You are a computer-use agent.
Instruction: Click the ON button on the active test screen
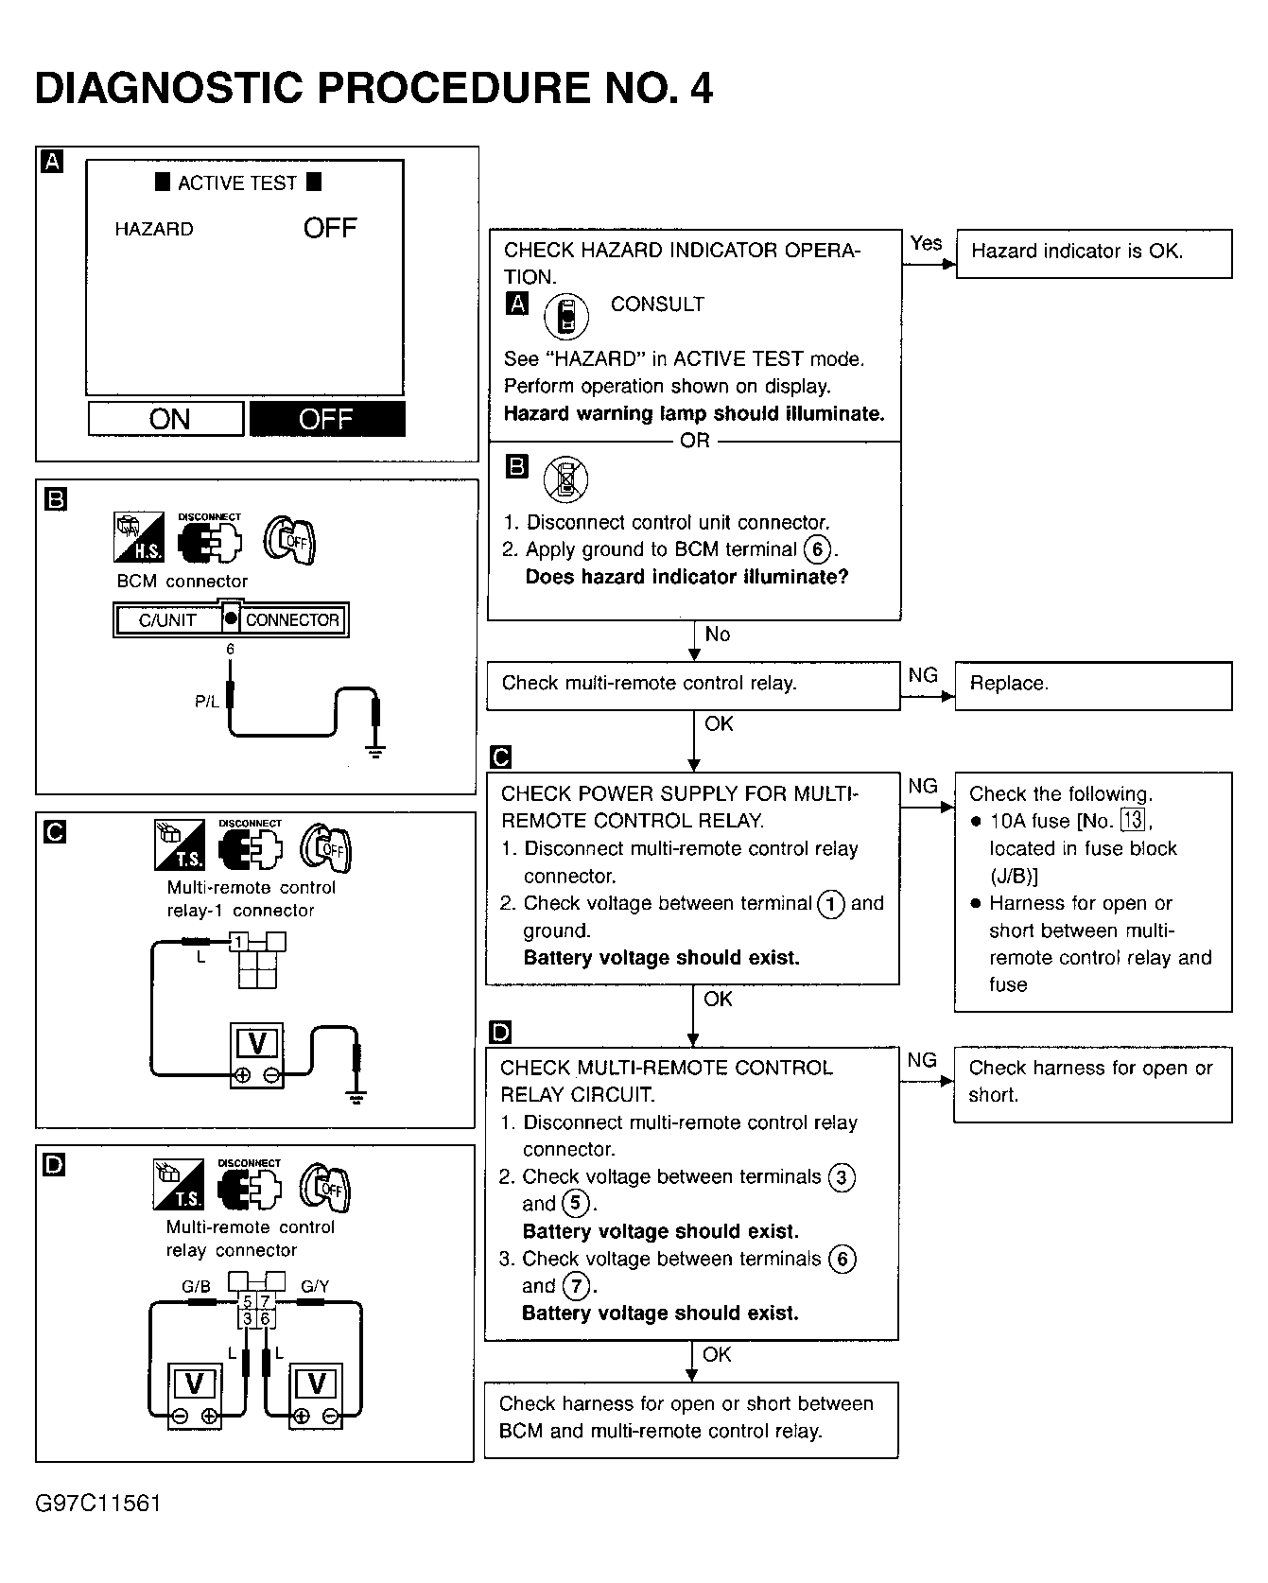coord(166,419)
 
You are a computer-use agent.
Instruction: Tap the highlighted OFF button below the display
coord(327,419)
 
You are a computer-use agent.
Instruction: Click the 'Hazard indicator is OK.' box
coord(1093,252)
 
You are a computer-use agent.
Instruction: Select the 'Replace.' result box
coord(1093,685)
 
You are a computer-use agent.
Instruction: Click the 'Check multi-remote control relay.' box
coord(693,685)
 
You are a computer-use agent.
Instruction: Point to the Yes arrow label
coord(926,243)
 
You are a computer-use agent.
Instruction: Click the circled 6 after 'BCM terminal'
coord(817,549)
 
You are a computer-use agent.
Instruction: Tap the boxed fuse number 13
coord(1132,821)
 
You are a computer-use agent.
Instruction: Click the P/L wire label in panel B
coord(206,702)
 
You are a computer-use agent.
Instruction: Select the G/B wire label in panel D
coord(196,1286)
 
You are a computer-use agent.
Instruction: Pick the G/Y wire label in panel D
coord(315,1286)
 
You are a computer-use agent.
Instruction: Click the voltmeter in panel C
coord(256,1055)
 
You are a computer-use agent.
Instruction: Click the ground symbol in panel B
coord(376,752)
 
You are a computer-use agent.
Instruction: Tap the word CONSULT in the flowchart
coord(657,304)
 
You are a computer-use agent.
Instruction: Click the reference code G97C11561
coord(98,1504)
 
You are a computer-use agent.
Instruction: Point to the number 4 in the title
coord(701,88)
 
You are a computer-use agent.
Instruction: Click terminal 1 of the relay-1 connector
coord(240,942)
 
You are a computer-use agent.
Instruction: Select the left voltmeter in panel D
coord(194,1396)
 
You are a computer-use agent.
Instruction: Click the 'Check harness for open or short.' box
coord(1092,1083)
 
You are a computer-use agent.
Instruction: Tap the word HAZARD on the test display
coord(154,230)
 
